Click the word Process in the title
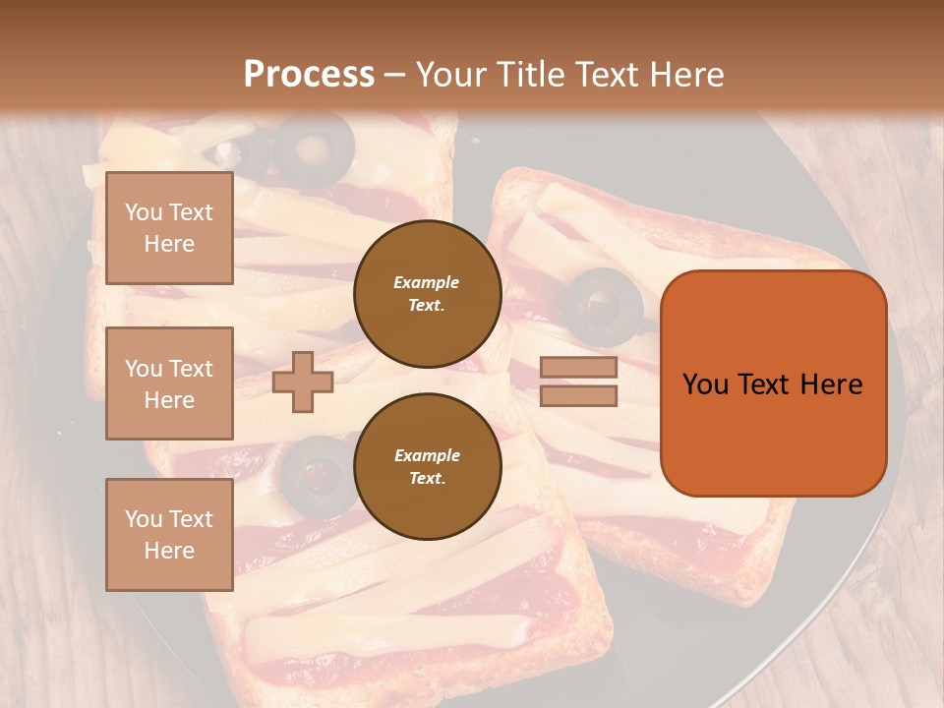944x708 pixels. pos(309,75)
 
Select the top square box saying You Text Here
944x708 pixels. pos(169,228)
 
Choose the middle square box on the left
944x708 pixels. pos(169,383)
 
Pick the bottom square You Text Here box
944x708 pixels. pos(169,534)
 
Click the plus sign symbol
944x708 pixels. pos(303,382)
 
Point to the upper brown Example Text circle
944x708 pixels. pos(427,293)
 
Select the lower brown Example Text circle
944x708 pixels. pos(427,466)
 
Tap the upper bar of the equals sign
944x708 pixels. pos(578,368)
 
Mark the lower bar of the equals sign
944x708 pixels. pos(578,396)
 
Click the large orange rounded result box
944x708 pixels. pos(773,383)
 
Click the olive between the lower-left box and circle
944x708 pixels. pos(314,474)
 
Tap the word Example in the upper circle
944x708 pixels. pos(427,282)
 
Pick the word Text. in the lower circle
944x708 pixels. pos(427,478)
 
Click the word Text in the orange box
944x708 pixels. pos(763,383)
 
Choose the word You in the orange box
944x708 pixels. pos(705,383)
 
